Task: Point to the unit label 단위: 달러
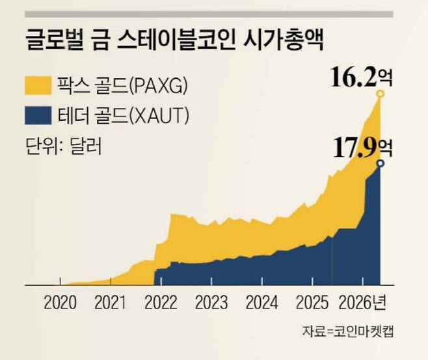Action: (64, 144)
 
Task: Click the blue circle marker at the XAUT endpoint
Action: (380, 163)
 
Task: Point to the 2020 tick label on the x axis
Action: (60, 303)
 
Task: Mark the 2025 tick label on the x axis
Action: (310, 303)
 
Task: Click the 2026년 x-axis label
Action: (366, 303)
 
